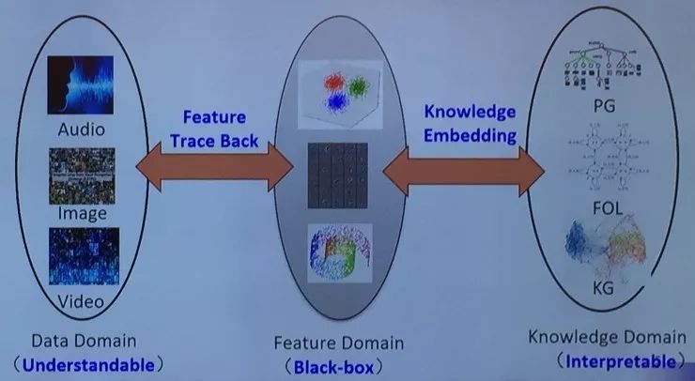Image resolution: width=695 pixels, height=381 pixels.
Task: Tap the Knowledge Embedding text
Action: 470,123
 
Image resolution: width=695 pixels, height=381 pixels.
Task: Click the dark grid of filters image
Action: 338,175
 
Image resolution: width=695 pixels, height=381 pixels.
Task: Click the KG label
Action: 604,288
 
